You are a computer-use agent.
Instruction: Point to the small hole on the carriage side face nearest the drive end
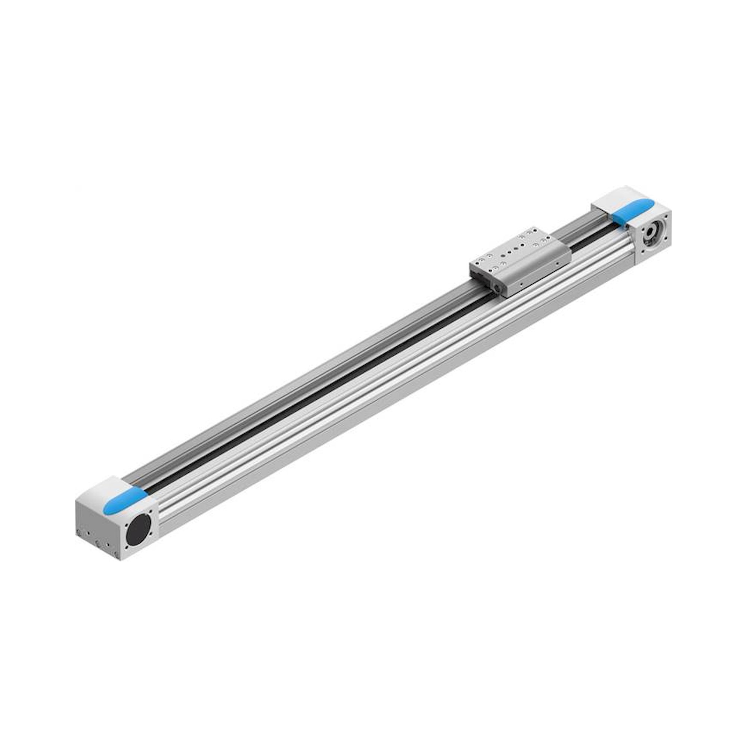click(557, 263)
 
